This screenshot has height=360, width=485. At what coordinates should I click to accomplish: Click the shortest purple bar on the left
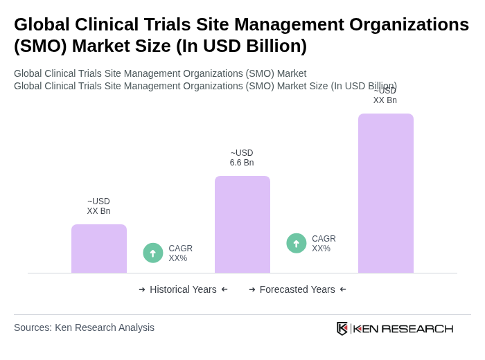[98, 249]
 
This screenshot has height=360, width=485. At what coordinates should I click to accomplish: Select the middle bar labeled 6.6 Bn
[242, 224]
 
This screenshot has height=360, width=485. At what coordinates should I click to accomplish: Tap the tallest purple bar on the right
[385, 193]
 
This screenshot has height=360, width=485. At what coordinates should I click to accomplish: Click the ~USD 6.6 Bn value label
[242, 158]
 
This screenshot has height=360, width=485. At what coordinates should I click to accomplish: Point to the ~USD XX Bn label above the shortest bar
[98, 206]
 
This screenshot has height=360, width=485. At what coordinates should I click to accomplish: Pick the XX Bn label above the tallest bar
[385, 100]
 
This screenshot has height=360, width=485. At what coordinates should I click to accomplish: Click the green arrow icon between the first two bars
[153, 253]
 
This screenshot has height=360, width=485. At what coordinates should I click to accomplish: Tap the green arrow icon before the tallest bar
[297, 243]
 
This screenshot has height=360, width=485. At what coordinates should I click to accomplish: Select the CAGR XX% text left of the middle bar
[180, 253]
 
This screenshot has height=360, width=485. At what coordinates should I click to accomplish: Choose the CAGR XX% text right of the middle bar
[324, 244]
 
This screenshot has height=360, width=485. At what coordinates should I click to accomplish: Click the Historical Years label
[183, 289]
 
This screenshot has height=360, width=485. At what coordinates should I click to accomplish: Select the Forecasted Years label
[297, 289]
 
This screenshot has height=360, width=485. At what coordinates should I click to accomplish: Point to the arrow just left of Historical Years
[142, 289]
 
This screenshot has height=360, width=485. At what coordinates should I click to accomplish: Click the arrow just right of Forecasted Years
[343, 289]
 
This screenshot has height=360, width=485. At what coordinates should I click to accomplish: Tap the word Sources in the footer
[32, 327]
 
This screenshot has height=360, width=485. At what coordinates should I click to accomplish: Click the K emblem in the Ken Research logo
[342, 328]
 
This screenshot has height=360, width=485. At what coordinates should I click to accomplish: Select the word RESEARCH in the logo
[417, 328]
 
